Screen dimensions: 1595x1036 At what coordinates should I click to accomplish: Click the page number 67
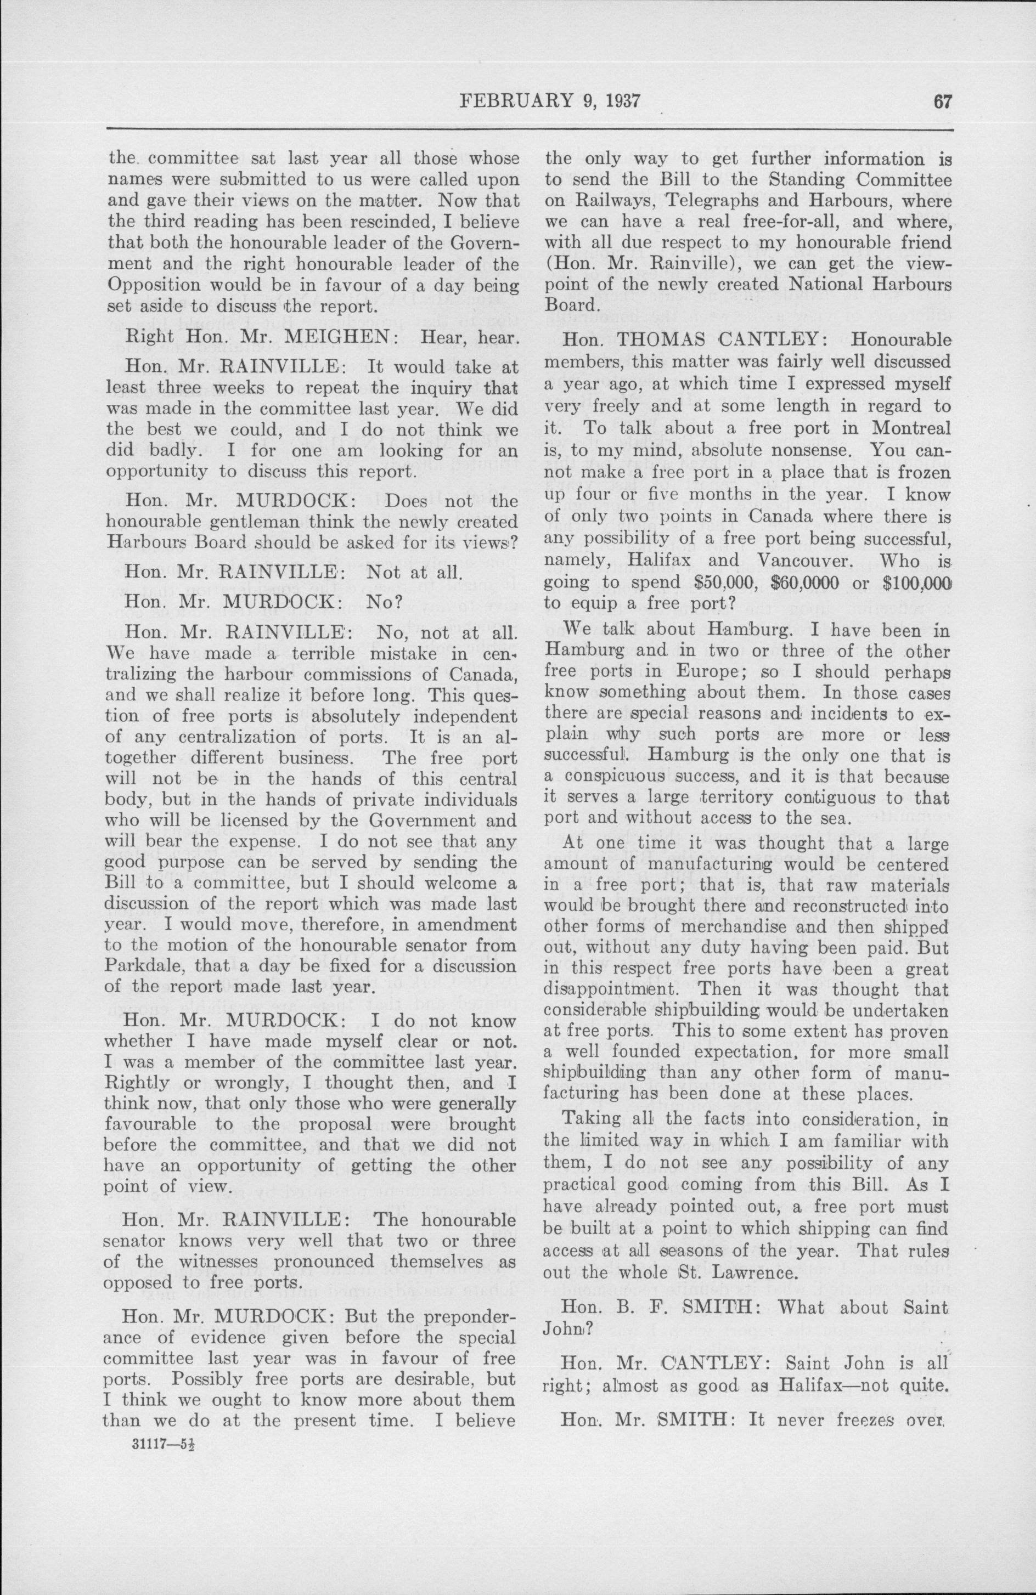[942, 100]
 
